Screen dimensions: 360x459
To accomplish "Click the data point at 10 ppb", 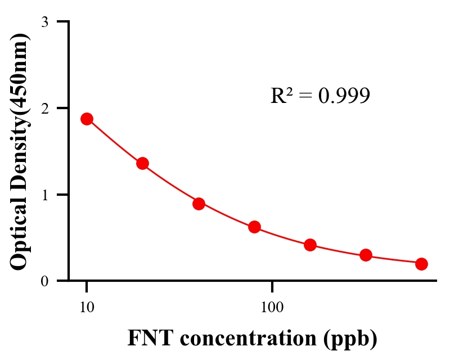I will pos(87,119).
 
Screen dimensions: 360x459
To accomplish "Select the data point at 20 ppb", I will pos(142,164).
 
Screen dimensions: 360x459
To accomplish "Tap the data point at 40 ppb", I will pos(199,204).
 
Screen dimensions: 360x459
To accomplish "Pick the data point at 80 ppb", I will pos(254,227).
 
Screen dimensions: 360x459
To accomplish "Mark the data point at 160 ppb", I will pos(310,245).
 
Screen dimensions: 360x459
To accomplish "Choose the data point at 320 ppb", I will pos(366,255).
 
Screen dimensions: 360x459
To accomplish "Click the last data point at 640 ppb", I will pos(421,264).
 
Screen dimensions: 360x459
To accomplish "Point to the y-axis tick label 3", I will pos(44,22).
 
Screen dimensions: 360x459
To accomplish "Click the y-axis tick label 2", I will pos(44,108).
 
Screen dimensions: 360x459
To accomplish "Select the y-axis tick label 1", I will pos(44,195).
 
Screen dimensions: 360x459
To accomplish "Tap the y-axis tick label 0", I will pos(44,281).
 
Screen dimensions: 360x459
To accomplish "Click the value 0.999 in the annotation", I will pos(344,96).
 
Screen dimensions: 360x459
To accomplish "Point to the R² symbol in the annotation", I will pos(281,96).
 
